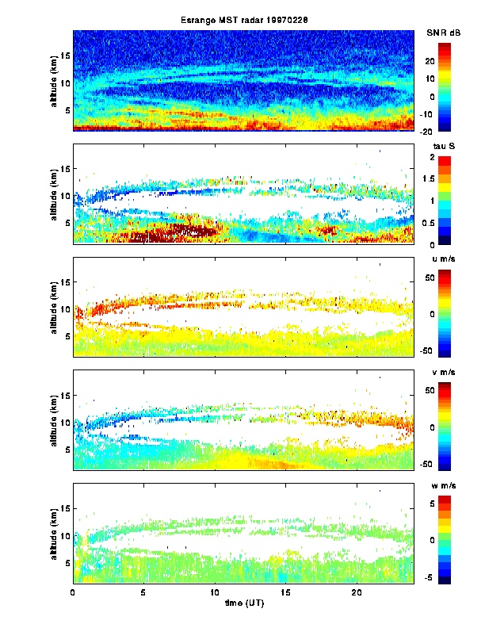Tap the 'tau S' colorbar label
[442, 147]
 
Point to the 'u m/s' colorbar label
[442, 260]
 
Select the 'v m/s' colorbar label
[442, 373]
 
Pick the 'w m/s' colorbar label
[442, 486]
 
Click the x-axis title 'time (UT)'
[242, 604]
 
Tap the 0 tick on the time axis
[74, 592]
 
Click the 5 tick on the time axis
[144, 592]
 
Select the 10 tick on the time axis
[215, 592]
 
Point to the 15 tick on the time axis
[285, 592]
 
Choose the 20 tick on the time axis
[356, 592]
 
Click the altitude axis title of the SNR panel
[52, 80]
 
